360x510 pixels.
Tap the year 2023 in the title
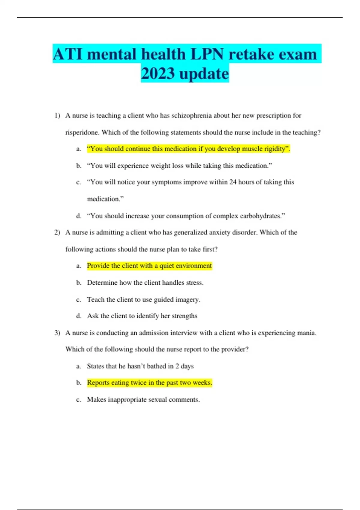tap(158, 74)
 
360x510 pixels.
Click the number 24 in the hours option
tap(233, 182)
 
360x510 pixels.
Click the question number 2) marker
tap(57, 232)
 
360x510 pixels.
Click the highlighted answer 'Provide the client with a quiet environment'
tap(149, 266)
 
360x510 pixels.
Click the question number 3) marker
tap(57, 333)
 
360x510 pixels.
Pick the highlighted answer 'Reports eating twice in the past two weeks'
tap(149, 383)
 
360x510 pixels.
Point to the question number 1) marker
tap(57, 115)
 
